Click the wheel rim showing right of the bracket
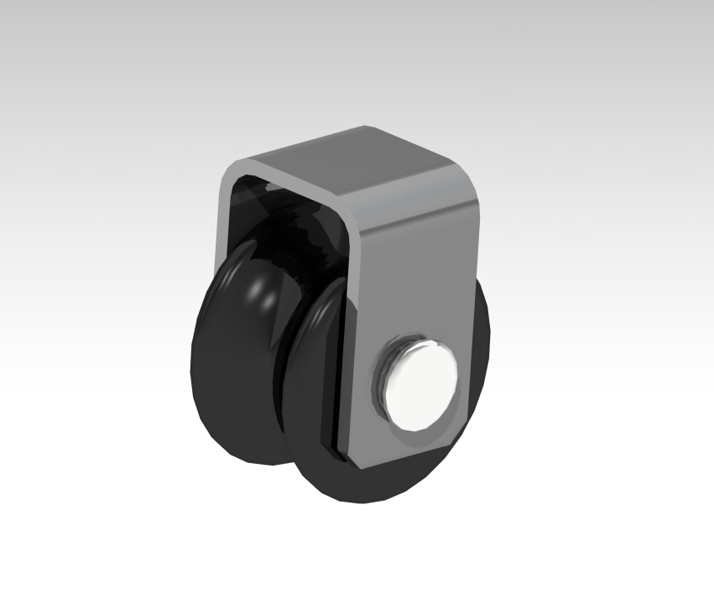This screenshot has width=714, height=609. tap(483, 336)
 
